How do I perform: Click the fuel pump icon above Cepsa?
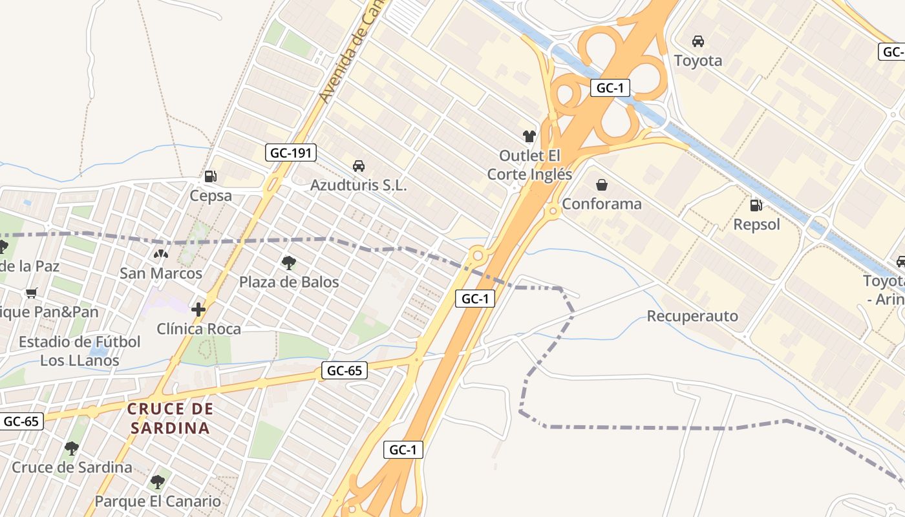[x=210, y=176]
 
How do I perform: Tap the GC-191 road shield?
[x=291, y=153]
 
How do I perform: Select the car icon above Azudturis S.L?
[x=359, y=166]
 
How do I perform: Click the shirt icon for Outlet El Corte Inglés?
[x=529, y=136]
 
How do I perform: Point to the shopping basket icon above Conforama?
[x=602, y=185]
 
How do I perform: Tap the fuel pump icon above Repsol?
[x=756, y=206]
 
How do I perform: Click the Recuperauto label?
[x=692, y=316]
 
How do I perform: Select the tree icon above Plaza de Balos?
[x=289, y=263]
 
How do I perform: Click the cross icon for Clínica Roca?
[x=198, y=310]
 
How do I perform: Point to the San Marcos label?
[x=161, y=273]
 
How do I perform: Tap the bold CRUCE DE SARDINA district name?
[x=170, y=418]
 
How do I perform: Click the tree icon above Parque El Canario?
[x=158, y=482]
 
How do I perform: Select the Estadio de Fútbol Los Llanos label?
[x=80, y=351]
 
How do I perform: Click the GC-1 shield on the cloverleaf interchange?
[x=610, y=88]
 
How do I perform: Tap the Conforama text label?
[x=602, y=204]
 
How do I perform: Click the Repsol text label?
[x=756, y=225]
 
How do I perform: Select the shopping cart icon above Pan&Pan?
[x=31, y=293]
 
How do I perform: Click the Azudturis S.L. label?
[x=359, y=185]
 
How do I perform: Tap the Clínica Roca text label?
[x=198, y=329]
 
